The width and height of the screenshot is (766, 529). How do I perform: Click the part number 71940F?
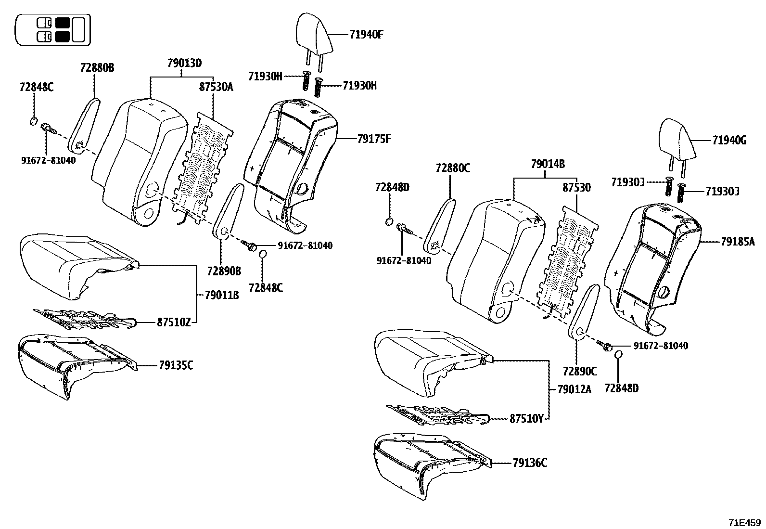[367, 35]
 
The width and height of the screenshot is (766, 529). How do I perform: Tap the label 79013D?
[184, 63]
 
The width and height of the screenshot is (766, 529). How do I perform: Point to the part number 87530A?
[216, 87]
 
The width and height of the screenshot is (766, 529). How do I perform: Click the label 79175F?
[374, 139]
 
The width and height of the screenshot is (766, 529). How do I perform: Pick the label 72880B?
[97, 67]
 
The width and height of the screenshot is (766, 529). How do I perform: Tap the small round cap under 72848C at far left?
[34, 121]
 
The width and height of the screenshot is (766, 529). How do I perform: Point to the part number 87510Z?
[174, 323]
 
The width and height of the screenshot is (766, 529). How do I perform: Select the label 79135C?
[176, 365]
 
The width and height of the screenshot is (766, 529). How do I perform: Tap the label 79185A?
[738, 242]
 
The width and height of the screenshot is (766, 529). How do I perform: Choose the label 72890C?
[579, 371]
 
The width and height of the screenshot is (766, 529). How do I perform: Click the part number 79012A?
[574, 389]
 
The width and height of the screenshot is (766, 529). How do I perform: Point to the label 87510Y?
[526, 419]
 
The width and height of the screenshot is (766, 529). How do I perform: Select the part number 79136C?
[530, 463]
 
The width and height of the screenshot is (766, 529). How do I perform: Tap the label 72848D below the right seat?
[622, 388]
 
